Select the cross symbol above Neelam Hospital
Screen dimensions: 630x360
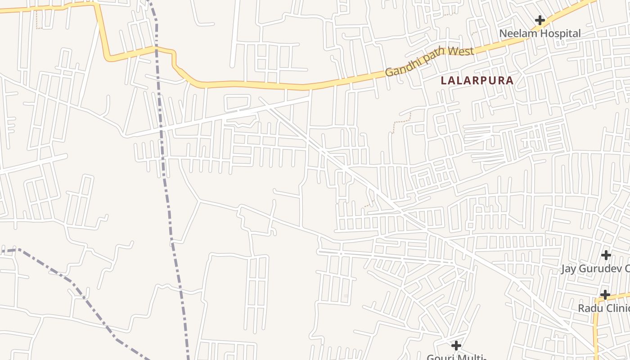(540, 20)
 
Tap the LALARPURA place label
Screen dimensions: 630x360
(477, 81)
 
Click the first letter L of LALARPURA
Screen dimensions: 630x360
(444, 81)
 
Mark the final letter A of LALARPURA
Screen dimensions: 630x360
(510, 81)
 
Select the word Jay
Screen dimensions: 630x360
(569, 269)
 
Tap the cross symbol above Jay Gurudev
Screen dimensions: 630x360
(606, 255)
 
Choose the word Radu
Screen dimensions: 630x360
(589, 308)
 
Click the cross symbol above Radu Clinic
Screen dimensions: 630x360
(605, 295)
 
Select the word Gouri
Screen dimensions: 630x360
(440, 357)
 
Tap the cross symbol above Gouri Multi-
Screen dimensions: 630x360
(456, 346)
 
